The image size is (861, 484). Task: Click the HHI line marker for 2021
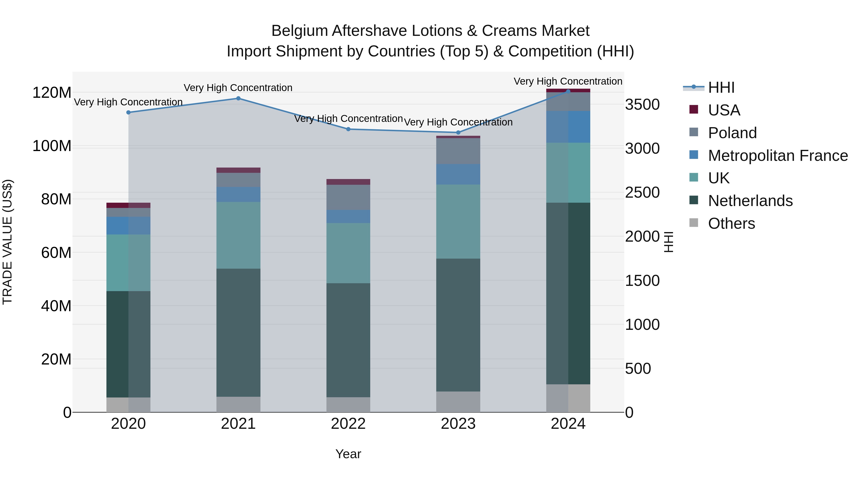tap(238, 98)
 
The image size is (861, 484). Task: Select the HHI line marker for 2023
tap(458, 133)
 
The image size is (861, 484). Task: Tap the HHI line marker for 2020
tap(128, 113)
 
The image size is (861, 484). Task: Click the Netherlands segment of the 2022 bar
tap(348, 340)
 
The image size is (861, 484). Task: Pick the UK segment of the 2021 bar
tap(238, 235)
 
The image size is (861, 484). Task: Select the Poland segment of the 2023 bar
tap(458, 151)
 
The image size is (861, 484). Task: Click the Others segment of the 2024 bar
tap(568, 398)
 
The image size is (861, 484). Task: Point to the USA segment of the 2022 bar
tap(348, 182)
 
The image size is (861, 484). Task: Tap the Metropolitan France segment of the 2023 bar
tap(458, 174)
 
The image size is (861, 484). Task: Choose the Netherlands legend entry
tap(750, 201)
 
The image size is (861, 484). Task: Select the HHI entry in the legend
tap(721, 87)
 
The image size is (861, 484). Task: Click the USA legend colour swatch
tap(694, 109)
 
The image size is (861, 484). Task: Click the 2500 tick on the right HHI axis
tap(642, 193)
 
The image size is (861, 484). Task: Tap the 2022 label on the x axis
tap(348, 424)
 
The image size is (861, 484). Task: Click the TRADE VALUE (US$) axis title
tap(7, 242)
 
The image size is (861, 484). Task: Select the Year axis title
tap(348, 454)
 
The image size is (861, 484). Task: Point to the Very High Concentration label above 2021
tap(238, 88)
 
